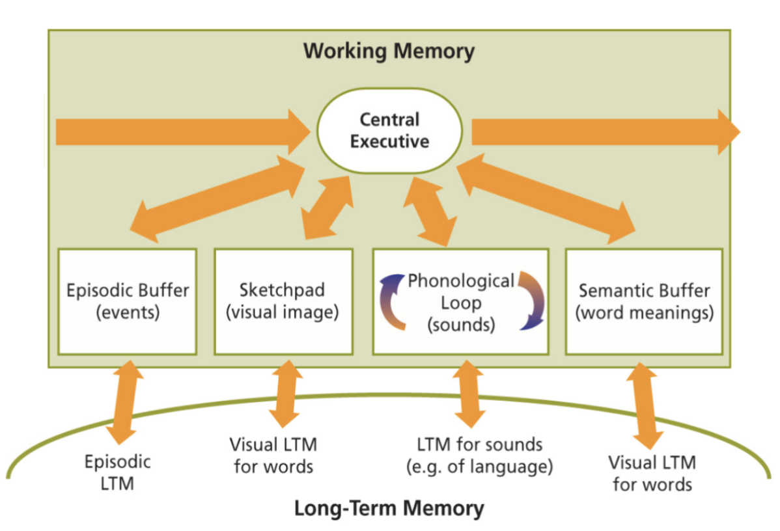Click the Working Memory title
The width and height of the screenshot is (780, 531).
pos(389,51)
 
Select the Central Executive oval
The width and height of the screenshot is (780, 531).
pos(389,131)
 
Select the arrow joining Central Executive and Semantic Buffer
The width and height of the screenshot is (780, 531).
pos(547,195)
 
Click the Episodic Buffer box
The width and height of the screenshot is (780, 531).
pos(127,301)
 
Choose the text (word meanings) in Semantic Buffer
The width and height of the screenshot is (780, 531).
pos(644,313)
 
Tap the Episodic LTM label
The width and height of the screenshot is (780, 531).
pos(118,472)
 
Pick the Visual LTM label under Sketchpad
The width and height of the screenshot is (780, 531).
pos(273,456)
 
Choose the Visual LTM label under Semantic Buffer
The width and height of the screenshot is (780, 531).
pos(652,473)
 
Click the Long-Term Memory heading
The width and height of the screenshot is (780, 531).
pos(389,508)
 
